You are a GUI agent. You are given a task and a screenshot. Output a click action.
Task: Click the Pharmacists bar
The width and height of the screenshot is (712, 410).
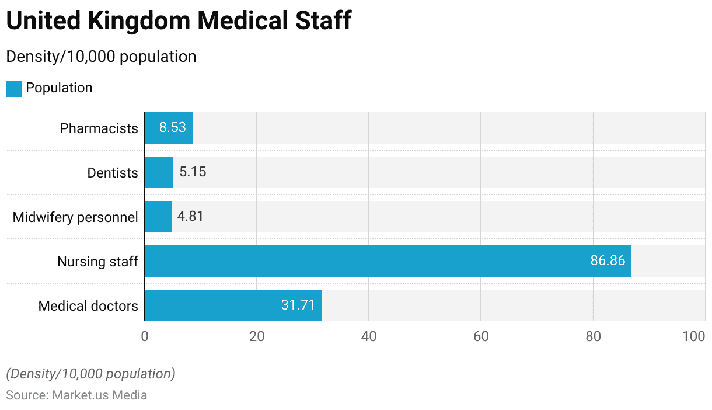tap(168, 128)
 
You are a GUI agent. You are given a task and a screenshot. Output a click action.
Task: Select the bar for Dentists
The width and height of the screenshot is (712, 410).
tap(159, 172)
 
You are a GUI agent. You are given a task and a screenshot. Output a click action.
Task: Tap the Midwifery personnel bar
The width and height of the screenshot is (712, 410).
tap(158, 217)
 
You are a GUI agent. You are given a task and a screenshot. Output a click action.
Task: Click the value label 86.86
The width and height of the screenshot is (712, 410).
tap(608, 261)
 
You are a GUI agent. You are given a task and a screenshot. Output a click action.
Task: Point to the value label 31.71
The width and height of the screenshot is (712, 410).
tap(298, 305)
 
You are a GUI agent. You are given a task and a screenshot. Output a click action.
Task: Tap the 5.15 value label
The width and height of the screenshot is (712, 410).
tap(193, 172)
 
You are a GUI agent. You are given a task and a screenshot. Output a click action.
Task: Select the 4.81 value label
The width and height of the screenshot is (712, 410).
tap(191, 217)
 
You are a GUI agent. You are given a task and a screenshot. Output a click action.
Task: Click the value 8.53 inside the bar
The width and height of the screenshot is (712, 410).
tap(173, 128)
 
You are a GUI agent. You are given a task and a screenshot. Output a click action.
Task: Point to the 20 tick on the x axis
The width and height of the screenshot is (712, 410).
tap(257, 336)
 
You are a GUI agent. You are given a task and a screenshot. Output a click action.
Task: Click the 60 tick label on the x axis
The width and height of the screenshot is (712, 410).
tap(481, 336)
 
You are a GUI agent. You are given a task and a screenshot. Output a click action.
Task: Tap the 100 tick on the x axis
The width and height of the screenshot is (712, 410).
tap(694, 336)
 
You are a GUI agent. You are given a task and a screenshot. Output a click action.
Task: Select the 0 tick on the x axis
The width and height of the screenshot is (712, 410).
tap(145, 336)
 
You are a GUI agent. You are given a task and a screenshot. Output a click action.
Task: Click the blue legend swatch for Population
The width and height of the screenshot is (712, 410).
tap(14, 88)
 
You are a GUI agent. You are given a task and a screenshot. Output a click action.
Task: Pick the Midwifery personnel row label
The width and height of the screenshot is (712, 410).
tap(75, 217)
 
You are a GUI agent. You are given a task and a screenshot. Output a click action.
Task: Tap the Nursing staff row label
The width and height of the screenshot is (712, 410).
tap(97, 262)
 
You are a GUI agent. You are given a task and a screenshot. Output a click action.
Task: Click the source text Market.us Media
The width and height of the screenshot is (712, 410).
tap(100, 395)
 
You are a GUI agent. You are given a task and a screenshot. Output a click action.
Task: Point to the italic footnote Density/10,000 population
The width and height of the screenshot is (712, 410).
tap(90, 374)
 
